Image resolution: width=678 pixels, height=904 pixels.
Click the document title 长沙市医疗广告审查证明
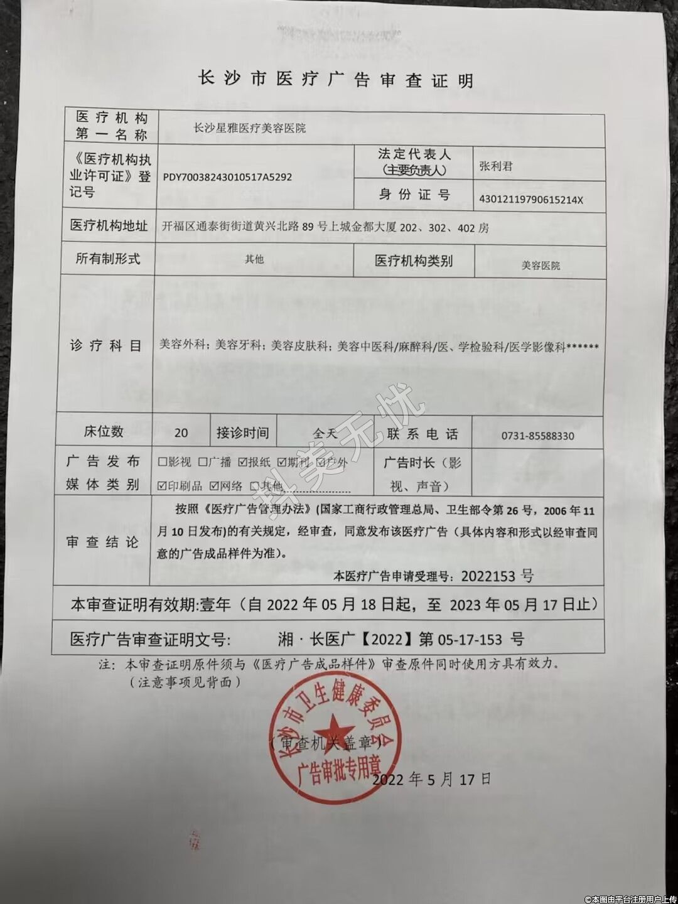pyautogui.click(x=335, y=80)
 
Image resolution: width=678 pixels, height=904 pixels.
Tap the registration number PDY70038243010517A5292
pyautogui.click(x=227, y=178)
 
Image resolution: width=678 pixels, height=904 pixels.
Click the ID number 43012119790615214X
pyautogui.click(x=531, y=200)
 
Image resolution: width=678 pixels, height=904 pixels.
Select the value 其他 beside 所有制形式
pyautogui.click(x=254, y=259)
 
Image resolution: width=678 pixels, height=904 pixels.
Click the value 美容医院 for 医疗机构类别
pyautogui.click(x=541, y=266)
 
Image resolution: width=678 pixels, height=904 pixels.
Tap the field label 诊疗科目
pyautogui.click(x=105, y=346)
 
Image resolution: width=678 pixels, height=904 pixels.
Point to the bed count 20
pyautogui.click(x=181, y=433)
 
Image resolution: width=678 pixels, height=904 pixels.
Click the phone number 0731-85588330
pyautogui.click(x=538, y=436)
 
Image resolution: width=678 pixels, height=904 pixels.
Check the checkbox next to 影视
pyautogui.click(x=162, y=462)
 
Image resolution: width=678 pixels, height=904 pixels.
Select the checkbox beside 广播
pyautogui.click(x=203, y=462)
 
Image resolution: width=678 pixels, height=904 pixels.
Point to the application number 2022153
pyautogui.click(x=488, y=575)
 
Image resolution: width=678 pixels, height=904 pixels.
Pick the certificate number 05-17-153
pyautogui.click(x=465, y=640)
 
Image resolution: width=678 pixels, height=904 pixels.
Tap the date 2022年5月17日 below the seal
pyautogui.click(x=431, y=780)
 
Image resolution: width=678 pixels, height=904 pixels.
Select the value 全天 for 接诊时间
pyautogui.click(x=325, y=433)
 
